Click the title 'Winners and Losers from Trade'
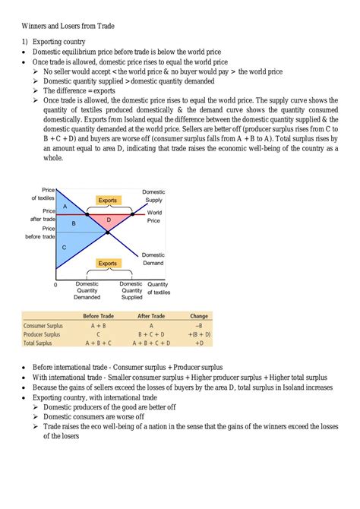[68, 26]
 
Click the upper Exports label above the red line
[108, 201]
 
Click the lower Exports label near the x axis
[108, 264]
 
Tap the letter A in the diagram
[65, 207]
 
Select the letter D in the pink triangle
[109, 220]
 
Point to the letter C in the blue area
[65, 248]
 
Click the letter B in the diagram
[74, 224]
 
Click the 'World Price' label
[154, 216]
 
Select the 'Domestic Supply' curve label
[153, 196]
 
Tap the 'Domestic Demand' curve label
[153, 259]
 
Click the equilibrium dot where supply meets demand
[107, 232]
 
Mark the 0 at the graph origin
[55, 286]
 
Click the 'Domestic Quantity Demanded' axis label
[87, 290]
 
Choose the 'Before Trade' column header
[98, 316]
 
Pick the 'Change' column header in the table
[199, 316]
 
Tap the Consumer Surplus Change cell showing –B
[199, 325]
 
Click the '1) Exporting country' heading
[53, 41]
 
